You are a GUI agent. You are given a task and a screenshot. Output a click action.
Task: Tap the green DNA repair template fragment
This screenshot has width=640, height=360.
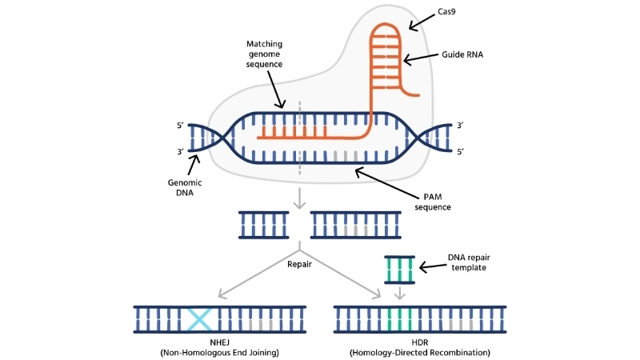point(399,270)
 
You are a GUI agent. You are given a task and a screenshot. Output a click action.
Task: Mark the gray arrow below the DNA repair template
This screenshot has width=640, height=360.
point(399,294)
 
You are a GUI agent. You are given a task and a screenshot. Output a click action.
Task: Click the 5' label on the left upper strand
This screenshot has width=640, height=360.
point(180,126)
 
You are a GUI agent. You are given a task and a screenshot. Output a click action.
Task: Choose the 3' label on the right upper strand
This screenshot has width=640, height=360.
point(461,126)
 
